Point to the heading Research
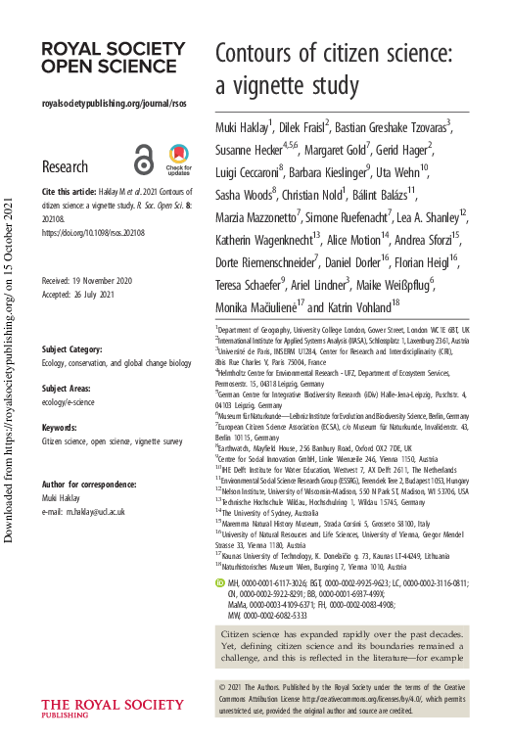[66, 167]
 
